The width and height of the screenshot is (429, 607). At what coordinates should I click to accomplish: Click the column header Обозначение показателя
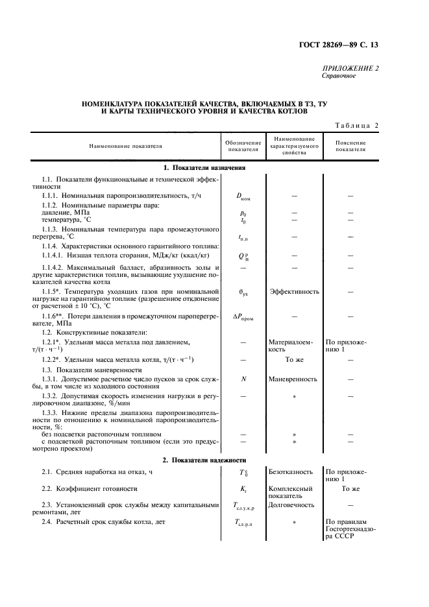243,147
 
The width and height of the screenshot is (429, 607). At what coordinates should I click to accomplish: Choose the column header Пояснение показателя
350,147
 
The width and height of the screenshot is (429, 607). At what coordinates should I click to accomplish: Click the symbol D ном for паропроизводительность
244,196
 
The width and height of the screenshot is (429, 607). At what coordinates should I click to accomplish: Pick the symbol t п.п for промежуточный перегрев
243,237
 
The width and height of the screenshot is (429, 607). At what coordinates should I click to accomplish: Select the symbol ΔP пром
243,316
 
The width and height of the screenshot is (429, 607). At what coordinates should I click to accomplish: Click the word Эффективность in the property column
295,292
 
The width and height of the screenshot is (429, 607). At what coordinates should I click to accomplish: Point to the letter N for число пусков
243,378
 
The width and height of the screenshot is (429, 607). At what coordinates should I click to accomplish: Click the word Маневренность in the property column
295,378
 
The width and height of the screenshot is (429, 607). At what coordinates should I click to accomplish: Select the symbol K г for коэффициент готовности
243,488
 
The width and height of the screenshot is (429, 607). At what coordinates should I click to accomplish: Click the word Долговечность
291,504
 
